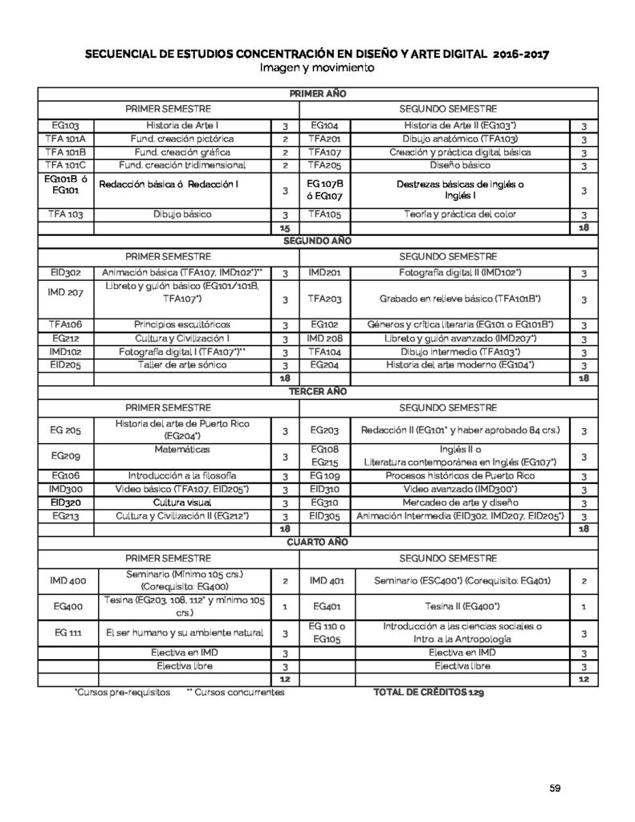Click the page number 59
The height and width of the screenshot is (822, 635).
(x=555, y=787)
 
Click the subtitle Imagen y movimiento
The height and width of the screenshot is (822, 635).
(x=317, y=68)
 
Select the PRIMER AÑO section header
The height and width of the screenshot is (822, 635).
(x=317, y=95)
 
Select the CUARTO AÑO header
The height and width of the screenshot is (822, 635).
(x=317, y=542)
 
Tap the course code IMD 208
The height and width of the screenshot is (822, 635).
(x=325, y=338)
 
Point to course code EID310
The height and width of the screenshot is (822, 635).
(x=325, y=490)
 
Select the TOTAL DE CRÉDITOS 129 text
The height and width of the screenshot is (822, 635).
(x=429, y=691)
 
